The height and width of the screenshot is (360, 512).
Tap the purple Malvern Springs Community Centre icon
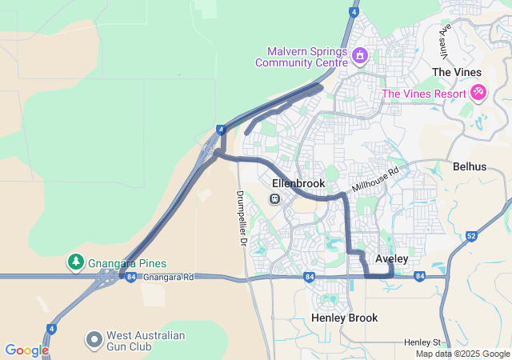click(x=360, y=55)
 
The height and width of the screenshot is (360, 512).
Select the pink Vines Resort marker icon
click(x=478, y=93)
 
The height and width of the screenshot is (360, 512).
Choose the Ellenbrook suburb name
click(x=295, y=183)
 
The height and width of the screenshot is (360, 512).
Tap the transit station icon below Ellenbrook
click(x=275, y=198)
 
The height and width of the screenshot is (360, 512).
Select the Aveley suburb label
click(x=392, y=259)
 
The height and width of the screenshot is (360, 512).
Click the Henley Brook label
click(x=344, y=318)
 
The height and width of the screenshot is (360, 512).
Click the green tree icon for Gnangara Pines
click(x=75, y=262)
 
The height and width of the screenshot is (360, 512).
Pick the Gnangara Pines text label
click(x=128, y=262)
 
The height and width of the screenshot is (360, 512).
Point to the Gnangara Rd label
click(x=170, y=278)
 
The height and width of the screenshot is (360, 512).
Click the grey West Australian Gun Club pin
click(x=94, y=339)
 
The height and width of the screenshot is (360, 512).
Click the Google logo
click(x=26, y=350)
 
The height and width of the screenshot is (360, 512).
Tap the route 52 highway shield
click(x=471, y=236)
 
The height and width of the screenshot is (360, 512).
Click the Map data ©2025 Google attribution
click(x=462, y=354)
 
